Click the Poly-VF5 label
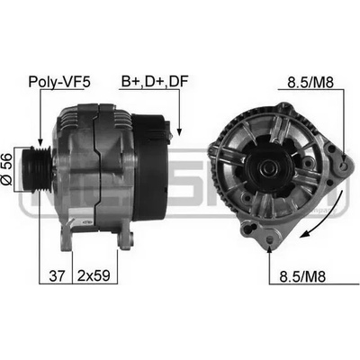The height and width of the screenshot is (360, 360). (59, 82)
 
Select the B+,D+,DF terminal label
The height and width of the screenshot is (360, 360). (155, 81)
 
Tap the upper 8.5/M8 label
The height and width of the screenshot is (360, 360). (310, 83)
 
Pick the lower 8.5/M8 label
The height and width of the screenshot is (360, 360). (302, 276)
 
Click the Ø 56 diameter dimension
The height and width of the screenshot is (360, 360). (6, 168)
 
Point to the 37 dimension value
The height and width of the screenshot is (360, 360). (57, 275)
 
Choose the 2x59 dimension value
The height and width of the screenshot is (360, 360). (94, 275)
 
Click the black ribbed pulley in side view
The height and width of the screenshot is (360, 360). (38, 168)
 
